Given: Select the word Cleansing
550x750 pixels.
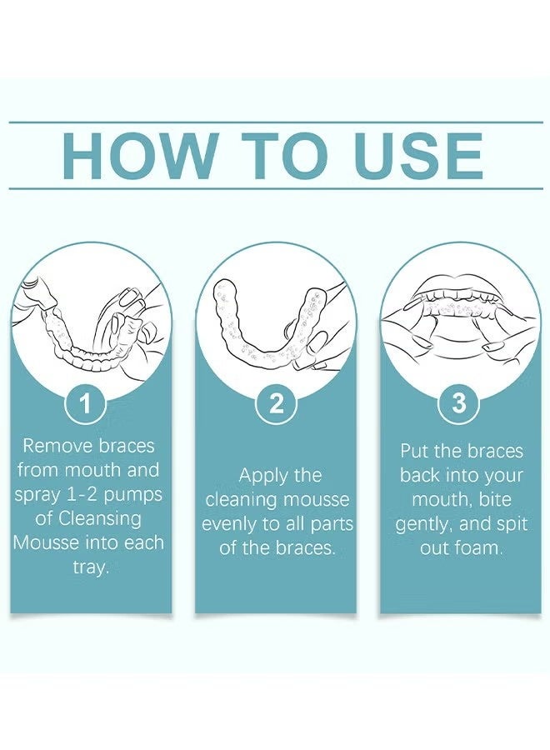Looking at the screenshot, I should coord(100,518).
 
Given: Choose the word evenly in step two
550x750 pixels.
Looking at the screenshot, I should coord(229,524).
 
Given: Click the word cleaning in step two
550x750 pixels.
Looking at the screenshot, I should coord(242,500).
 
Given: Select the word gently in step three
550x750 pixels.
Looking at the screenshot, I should coord(425,524).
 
